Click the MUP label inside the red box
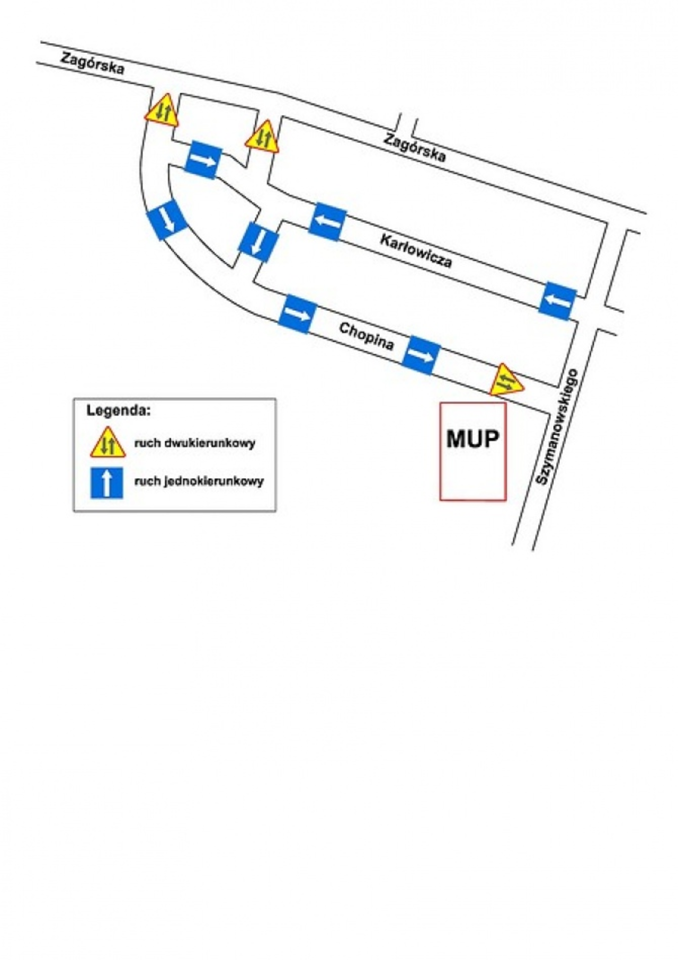[472, 439]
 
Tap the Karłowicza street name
[416, 251]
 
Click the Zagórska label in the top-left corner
[93, 63]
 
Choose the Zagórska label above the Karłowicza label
[415, 147]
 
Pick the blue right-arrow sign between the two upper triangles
[203, 159]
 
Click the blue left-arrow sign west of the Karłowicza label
[327, 221]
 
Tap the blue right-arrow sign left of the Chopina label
[297, 314]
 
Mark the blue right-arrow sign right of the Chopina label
[421, 355]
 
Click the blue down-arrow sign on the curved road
[167, 219]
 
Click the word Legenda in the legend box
[119, 410]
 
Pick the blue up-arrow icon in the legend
[107, 482]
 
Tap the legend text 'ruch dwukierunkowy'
[194, 443]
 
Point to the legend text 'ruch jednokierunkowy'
[199, 481]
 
